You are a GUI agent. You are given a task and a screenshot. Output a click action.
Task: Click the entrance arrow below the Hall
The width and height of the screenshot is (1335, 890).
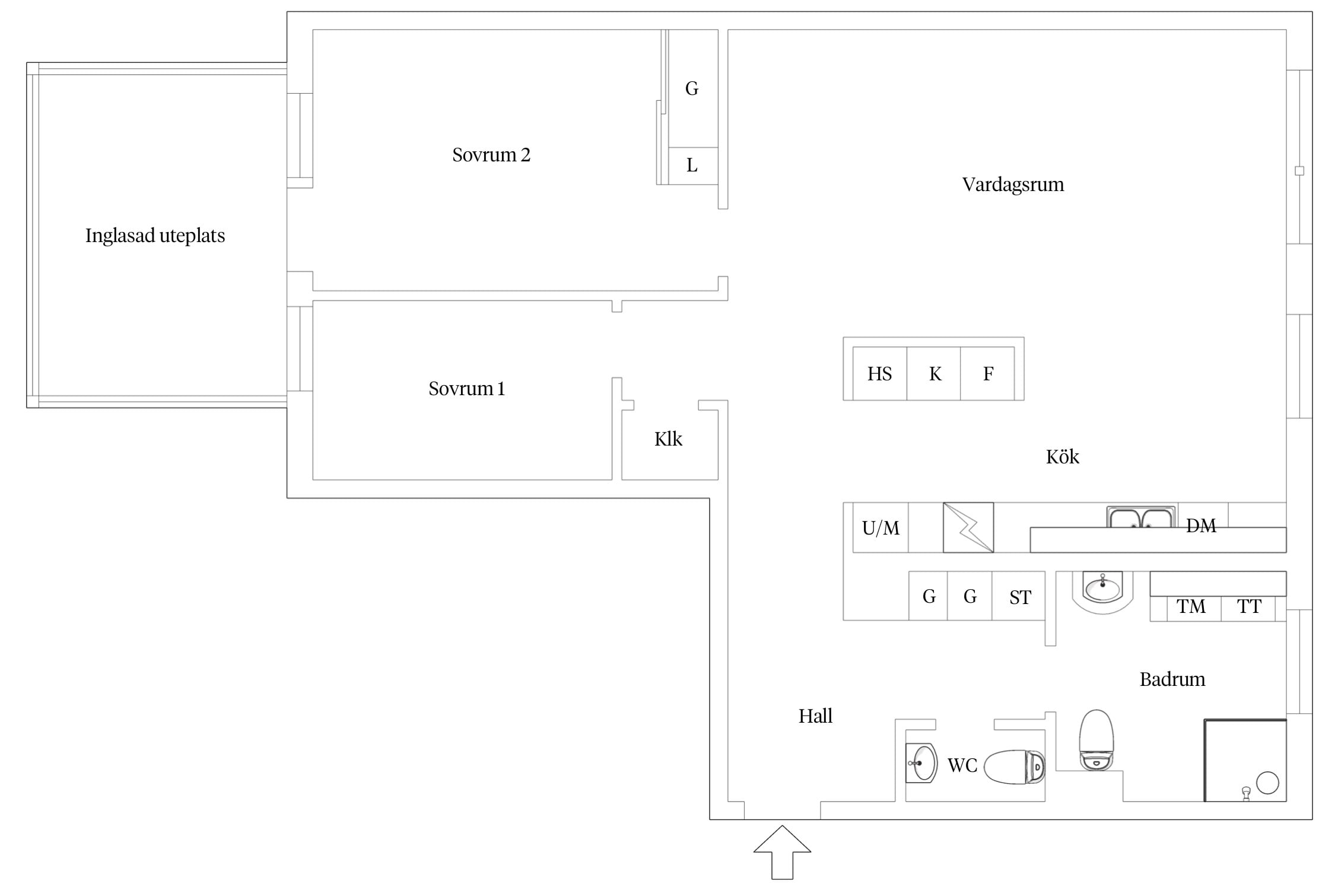[x=782, y=852]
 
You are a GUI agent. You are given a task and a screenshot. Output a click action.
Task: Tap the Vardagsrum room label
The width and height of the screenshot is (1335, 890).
[x=1013, y=185]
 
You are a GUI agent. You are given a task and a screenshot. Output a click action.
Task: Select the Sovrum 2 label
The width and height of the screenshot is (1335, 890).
[x=491, y=155]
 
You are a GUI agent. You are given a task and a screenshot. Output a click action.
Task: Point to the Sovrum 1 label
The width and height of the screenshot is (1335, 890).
[x=466, y=389]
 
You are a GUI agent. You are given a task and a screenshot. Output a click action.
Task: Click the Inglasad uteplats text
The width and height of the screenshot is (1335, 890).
[x=155, y=236]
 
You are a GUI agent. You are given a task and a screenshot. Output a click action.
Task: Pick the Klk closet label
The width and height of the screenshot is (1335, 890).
[x=668, y=439]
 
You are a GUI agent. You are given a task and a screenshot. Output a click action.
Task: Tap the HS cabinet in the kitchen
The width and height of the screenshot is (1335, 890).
[x=880, y=373]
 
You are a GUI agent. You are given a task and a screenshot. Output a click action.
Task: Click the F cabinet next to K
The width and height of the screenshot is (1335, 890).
[x=987, y=373]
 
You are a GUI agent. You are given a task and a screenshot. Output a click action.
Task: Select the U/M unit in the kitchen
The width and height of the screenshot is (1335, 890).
[x=881, y=527]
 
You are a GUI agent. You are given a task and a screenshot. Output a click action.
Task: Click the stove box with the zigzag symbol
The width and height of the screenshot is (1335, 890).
[x=968, y=527]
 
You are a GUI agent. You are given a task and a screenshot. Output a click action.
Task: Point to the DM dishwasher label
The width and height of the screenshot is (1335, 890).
[x=1201, y=526]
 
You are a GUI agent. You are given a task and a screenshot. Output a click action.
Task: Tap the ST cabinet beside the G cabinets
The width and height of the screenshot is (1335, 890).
[x=1019, y=596]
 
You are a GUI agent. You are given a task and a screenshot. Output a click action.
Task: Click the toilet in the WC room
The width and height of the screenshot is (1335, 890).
[x=1015, y=767]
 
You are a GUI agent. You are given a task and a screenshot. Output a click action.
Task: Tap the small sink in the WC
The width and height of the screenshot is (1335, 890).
[x=921, y=763]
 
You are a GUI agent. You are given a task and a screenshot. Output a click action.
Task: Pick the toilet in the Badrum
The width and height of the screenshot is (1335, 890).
[x=1096, y=740]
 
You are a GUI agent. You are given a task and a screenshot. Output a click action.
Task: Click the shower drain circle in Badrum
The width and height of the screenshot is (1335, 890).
[x=1267, y=783]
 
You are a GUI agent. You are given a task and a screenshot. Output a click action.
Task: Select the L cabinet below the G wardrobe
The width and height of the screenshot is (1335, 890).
[x=693, y=166]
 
